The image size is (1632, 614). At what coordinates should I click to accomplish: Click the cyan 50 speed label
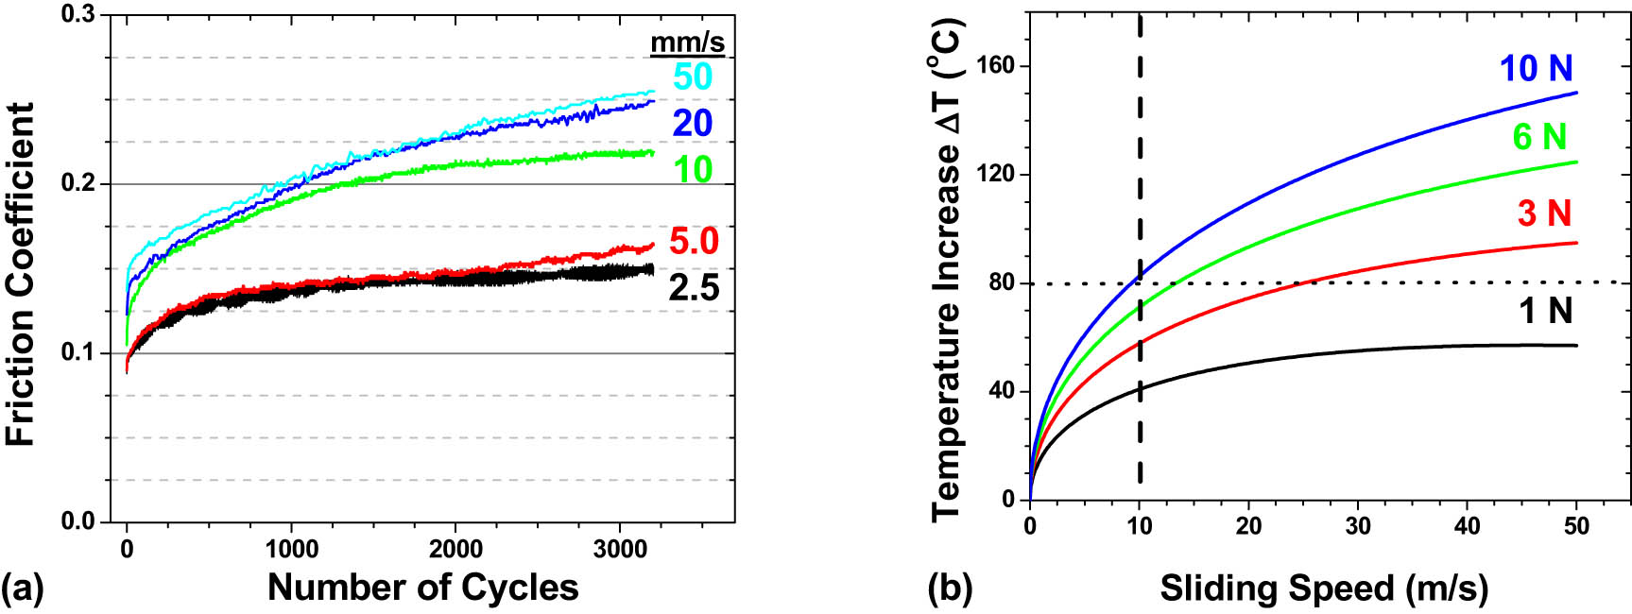(x=693, y=77)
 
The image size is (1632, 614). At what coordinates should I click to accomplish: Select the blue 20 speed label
(x=693, y=123)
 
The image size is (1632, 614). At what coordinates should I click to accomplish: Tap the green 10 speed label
(x=693, y=170)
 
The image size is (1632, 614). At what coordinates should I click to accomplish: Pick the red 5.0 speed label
(x=695, y=242)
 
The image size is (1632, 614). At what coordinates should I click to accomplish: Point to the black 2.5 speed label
(x=695, y=288)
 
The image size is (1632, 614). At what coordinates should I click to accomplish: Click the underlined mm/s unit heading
(x=687, y=42)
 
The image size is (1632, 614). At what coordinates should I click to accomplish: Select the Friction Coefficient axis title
(x=21, y=274)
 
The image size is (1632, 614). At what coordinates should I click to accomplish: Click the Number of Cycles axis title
(x=422, y=588)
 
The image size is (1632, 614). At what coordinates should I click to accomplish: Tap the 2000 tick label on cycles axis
(x=455, y=549)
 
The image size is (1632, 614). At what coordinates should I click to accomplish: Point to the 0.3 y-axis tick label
(x=79, y=15)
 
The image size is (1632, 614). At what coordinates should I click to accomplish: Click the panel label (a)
(x=22, y=588)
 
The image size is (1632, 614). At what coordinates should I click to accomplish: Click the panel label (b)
(x=949, y=588)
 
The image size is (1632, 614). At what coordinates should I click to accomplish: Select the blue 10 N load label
(x=1537, y=68)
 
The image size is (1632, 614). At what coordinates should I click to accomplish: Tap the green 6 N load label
(x=1539, y=137)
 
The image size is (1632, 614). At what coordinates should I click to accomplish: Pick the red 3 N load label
(x=1544, y=213)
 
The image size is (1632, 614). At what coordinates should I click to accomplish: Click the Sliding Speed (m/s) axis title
(x=1324, y=588)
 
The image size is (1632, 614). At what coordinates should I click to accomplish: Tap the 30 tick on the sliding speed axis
(x=1358, y=526)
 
